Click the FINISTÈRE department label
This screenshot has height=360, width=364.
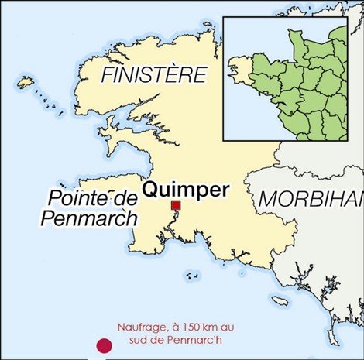coord(154,75)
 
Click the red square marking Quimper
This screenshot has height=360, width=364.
coord(176,205)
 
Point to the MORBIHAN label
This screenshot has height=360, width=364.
coord(310,198)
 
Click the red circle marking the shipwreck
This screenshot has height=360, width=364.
coord(101,347)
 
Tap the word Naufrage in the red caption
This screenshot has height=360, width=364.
coord(142,327)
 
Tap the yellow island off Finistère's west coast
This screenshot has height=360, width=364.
coord(26,81)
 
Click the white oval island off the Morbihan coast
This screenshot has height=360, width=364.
coord(280,300)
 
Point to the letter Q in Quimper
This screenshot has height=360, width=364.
coord(152,189)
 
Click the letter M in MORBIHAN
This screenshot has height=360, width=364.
coord(267,198)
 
